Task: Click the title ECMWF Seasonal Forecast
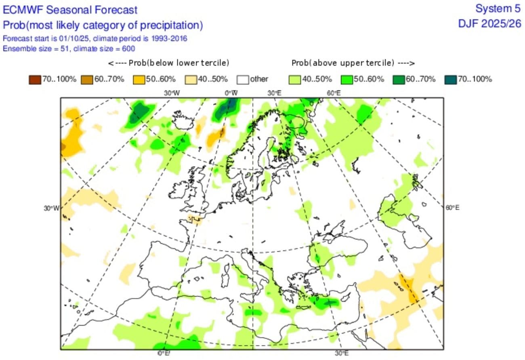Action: tap(70, 10)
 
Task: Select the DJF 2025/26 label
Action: tap(489, 24)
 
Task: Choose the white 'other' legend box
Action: tap(243, 80)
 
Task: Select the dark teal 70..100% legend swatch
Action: tap(451, 80)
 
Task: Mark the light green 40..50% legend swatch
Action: tap(294, 80)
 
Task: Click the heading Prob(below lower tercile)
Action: tap(168, 63)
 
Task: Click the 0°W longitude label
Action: tap(231, 93)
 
